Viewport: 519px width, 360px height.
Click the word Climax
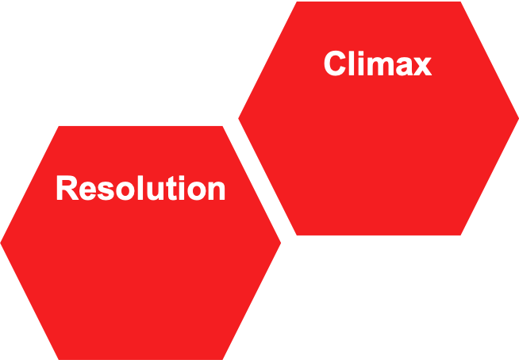coord(378,64)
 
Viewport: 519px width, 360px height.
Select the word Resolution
coord(140,190)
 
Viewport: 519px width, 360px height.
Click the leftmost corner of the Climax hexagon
coord(239,119)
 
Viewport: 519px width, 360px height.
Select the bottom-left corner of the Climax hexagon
coord(295,235)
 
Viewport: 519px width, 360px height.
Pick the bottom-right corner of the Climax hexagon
coord(462,235)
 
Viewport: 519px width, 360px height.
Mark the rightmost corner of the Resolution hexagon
coord(281,243)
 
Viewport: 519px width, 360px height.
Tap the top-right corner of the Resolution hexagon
coord(225,125)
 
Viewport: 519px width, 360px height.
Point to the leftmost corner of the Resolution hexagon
coord(1,243)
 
